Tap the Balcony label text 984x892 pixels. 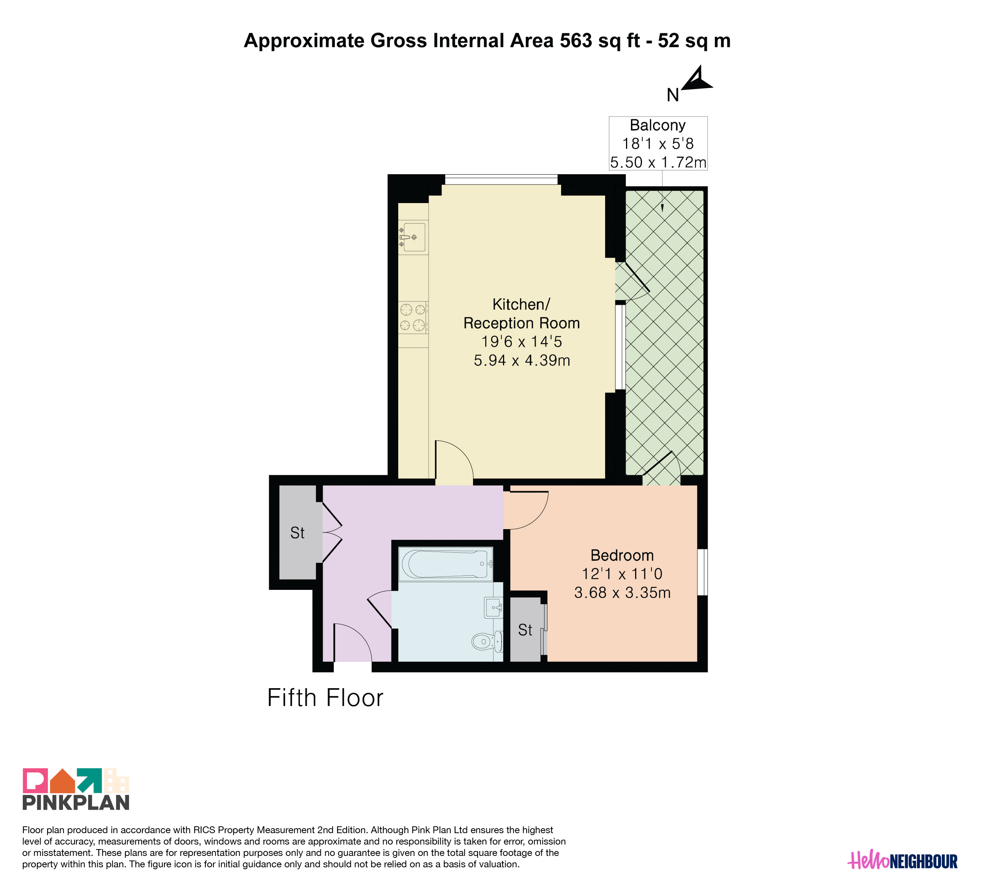658,125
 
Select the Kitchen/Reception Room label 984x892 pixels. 521,314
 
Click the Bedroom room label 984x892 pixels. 622,555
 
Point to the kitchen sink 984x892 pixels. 413,237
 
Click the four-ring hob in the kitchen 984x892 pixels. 413,317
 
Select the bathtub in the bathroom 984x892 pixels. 446,564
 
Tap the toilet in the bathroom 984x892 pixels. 487,641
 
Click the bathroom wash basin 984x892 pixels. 494,608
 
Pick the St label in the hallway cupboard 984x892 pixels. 297,533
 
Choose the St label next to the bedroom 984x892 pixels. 525,630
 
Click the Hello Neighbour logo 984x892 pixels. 902,861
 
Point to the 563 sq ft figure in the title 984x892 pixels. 600,41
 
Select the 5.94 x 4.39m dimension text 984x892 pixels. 522,360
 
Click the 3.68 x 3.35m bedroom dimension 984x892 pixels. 622,593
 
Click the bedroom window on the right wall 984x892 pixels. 702,572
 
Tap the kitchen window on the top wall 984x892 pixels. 501,179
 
